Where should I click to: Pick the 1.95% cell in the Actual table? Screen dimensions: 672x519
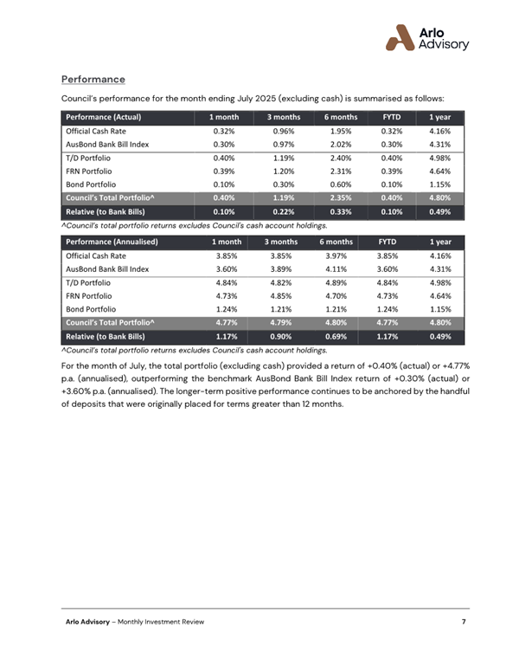340,131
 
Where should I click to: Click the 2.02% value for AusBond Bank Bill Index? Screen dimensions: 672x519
340,144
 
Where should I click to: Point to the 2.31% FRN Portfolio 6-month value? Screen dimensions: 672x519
340,171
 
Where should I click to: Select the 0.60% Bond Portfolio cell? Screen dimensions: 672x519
340,184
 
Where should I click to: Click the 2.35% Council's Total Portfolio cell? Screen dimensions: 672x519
340,198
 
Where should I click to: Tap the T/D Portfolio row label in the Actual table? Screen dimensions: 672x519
87,158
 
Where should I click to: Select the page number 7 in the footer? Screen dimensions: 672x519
465,622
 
